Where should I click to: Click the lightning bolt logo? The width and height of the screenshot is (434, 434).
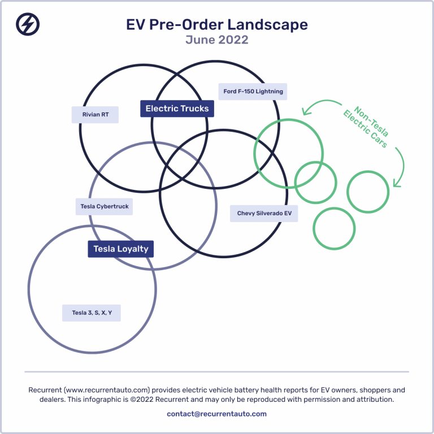point(28,24)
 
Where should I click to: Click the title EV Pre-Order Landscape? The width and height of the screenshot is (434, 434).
point(217,24)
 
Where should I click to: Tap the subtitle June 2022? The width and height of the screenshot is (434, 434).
point(217,40)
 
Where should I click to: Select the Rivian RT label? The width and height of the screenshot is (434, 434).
point(95,115)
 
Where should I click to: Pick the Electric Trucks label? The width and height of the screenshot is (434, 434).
point(177,108)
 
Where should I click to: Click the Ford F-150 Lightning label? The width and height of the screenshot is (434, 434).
point(253,92)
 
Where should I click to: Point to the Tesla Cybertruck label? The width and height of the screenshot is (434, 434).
point(105,206)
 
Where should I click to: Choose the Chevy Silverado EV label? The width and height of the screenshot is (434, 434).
point(264,214)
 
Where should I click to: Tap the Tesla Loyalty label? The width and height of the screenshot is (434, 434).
point(121,249)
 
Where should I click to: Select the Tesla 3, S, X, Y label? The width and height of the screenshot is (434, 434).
point(92,313)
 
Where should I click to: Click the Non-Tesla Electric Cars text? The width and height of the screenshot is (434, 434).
point(366,127)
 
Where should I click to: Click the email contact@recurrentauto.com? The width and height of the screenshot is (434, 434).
point(217,414)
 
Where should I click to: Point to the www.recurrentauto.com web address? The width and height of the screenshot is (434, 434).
point(107,390)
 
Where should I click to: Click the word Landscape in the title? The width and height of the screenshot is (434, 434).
point(268,25)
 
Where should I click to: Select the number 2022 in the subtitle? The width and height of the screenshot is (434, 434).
point(233,40)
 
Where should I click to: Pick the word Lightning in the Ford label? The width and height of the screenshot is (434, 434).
point(270,92)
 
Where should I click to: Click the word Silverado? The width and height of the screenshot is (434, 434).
point(265,214)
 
